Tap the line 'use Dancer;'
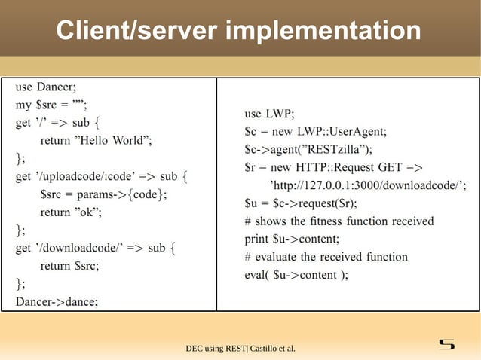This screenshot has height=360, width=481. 52,87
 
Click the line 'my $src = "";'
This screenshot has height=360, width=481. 52,105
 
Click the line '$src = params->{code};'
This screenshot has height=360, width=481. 104,194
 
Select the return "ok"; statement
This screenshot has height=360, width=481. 71,212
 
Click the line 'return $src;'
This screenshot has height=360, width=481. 69,265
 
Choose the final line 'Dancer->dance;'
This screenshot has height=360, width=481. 57,301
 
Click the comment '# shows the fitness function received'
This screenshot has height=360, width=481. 339,221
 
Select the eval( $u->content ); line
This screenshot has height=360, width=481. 296,274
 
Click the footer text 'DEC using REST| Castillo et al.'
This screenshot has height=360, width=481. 240,348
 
